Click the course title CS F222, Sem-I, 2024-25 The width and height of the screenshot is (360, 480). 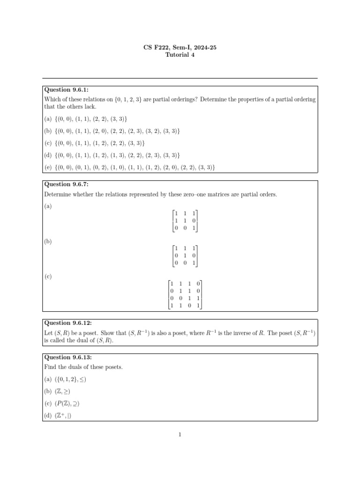[x=180, y=47]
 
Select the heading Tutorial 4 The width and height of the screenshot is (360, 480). [x=180, y=55]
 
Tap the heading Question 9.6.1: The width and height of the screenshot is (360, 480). [x=66, y=90]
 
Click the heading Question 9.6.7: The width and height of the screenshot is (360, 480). [x=66, y=185]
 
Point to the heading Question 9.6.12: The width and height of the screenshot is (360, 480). [x=67, y=323]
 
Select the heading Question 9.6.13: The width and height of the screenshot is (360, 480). [x=67, y=357]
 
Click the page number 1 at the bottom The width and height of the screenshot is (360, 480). [x=180, y=435]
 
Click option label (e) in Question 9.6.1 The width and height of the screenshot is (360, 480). [x=48, y=167]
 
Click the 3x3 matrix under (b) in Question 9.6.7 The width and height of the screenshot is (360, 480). [x=185, y=255]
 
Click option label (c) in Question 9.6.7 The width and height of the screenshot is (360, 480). [x=48, y=277]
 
